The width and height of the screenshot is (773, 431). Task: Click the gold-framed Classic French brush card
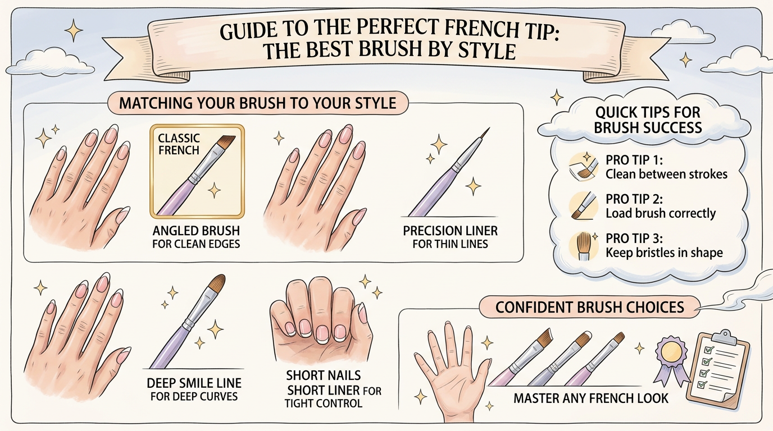(x=197, y=171)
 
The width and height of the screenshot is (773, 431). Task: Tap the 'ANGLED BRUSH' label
(x=196, y=231)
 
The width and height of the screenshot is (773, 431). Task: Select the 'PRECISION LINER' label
(x=450, y=231)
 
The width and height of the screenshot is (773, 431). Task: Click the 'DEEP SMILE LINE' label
(x=194, y=383)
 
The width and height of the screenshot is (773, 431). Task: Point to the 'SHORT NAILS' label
(x=323, y=375)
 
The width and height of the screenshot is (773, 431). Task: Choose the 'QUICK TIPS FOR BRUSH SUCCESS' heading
(x=647, y=120)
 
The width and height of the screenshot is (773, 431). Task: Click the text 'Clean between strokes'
(x=666, y=174)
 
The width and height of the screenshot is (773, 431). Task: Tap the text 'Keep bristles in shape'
(x=664, y=253)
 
